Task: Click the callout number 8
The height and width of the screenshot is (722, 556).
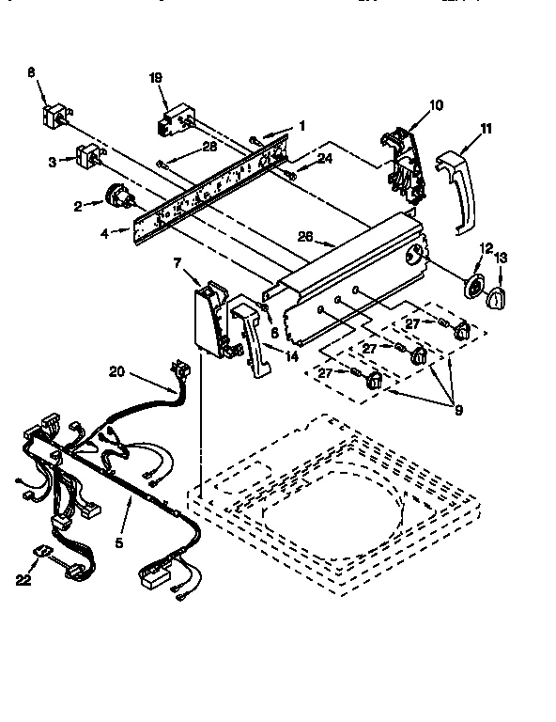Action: click(31, 71)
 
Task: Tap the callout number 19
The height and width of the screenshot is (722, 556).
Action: click(156, 79)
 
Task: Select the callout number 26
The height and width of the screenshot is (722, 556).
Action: click(305, 237)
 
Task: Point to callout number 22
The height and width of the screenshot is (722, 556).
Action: click(23, 580)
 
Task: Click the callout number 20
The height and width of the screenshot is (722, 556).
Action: click(116, 371)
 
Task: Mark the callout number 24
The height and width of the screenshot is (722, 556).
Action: click(323, 159)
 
